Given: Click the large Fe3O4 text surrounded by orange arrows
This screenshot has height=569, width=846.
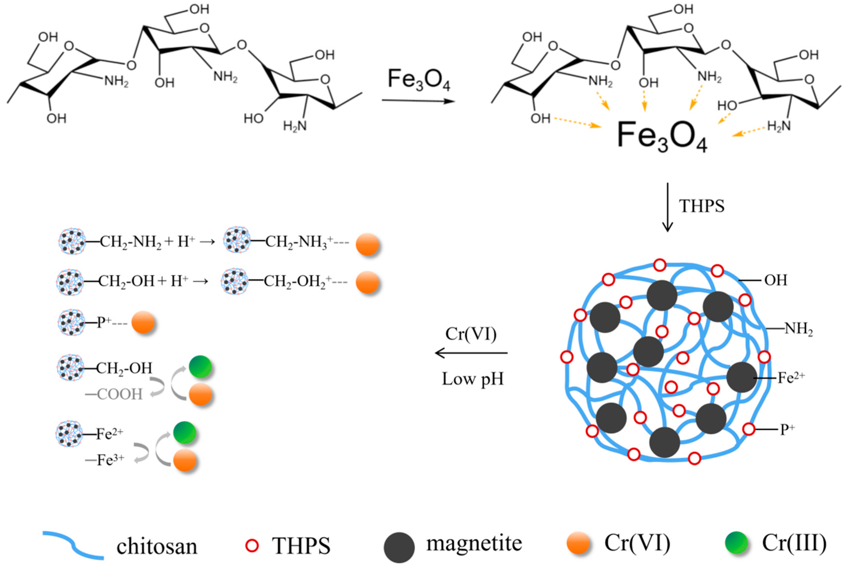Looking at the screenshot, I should point(662,136).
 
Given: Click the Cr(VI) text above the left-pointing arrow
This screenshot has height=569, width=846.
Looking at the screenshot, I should point(471,334).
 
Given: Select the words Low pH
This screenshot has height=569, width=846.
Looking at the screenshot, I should point(472,379).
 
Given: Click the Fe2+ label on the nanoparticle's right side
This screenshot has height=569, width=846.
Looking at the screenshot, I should point(791,378).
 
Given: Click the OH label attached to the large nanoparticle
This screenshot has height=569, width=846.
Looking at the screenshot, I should point(776,280).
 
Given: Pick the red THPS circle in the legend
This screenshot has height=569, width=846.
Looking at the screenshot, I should point(252,545).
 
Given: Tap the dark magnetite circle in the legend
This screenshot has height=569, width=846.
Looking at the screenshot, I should point(399,547).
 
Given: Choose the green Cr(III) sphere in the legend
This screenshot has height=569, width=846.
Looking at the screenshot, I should point(736,543).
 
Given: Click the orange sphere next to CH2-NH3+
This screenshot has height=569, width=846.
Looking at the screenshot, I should point(367,244).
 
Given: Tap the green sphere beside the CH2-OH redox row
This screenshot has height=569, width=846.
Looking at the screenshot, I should point(200,366).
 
